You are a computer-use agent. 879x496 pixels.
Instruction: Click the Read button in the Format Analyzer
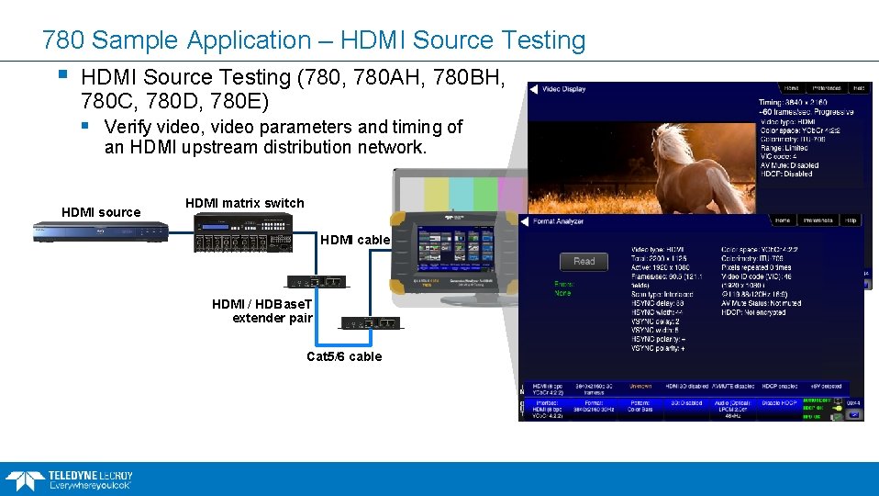[x=584, y=261]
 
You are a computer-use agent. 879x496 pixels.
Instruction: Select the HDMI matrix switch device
[x=243, y=234]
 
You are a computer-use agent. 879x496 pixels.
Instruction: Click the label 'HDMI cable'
[x=355, y=240]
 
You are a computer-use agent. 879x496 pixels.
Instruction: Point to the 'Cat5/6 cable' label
[x=344, y=356]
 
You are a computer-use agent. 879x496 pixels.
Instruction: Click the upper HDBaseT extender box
[x=317, y=281]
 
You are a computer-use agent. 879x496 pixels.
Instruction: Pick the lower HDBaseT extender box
[x=371, y=322]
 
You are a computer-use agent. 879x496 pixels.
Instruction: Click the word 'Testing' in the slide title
[x=539, y=40]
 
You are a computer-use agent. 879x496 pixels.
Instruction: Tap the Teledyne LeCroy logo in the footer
[x=69, y=479]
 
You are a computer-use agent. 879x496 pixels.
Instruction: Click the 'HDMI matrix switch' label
[x=244, y=203]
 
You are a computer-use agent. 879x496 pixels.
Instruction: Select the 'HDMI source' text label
[x=101, y=212]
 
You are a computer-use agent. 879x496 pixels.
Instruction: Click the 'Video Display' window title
[x=564, y=89]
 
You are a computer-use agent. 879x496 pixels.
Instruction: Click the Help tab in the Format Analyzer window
[x=851, y=220]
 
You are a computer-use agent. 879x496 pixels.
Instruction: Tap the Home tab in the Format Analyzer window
[x=782, y=220]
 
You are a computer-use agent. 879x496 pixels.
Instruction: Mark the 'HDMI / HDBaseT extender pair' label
[x=262, y=310]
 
